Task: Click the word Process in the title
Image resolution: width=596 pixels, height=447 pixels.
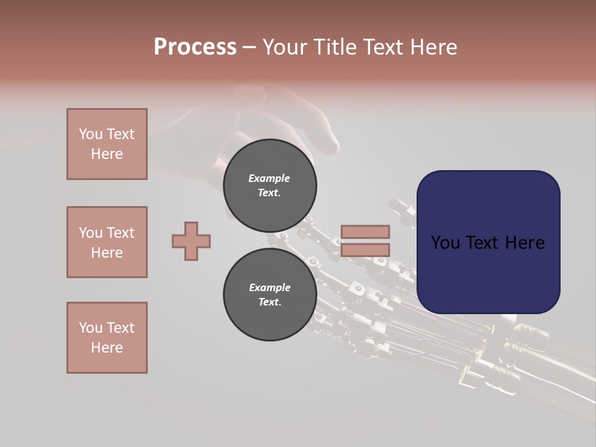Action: [195, 47]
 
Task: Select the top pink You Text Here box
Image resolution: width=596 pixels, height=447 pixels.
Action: [107, 144]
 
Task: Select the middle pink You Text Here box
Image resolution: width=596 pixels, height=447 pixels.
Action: [107, 242]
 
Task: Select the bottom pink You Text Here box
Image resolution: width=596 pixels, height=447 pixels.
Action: [107, 338]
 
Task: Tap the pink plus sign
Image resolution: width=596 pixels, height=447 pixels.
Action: [191, 241]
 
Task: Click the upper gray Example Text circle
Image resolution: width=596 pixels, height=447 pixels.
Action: [269, 186]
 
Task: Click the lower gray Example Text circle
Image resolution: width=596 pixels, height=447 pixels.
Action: [269, 295]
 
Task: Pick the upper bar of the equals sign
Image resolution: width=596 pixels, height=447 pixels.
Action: [365, 232]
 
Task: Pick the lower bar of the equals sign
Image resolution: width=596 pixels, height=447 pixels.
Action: [365, 250]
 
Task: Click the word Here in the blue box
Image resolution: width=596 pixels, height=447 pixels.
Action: [525, 243]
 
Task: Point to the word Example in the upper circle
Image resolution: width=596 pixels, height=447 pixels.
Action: [269, 178]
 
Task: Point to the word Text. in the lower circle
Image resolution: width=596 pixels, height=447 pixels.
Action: [269, 302]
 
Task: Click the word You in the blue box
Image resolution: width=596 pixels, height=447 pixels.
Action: [445, 243]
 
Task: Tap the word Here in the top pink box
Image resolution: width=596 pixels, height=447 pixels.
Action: [107, 154]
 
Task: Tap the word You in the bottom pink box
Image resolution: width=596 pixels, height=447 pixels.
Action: [91, 328]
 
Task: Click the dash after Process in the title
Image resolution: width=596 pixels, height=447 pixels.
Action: [249, 47]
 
